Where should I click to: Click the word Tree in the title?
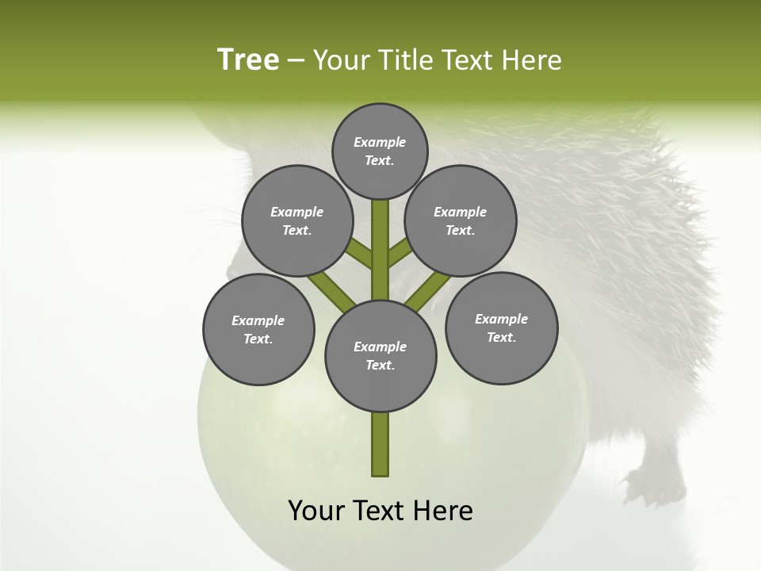(248, 59)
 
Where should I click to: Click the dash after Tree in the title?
(296, 60)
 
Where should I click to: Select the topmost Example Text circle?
(380, 151)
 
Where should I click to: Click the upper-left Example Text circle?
(296, 220)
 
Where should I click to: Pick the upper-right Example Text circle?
(461, 220)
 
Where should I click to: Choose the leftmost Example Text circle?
(258, 329)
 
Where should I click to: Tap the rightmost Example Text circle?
(501, 328)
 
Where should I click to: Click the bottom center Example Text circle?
(380, 355)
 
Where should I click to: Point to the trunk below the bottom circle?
(380, 444)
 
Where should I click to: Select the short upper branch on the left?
(361, 253)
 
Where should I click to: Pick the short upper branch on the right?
(400, 253)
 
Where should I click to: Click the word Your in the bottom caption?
(316, 511)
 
